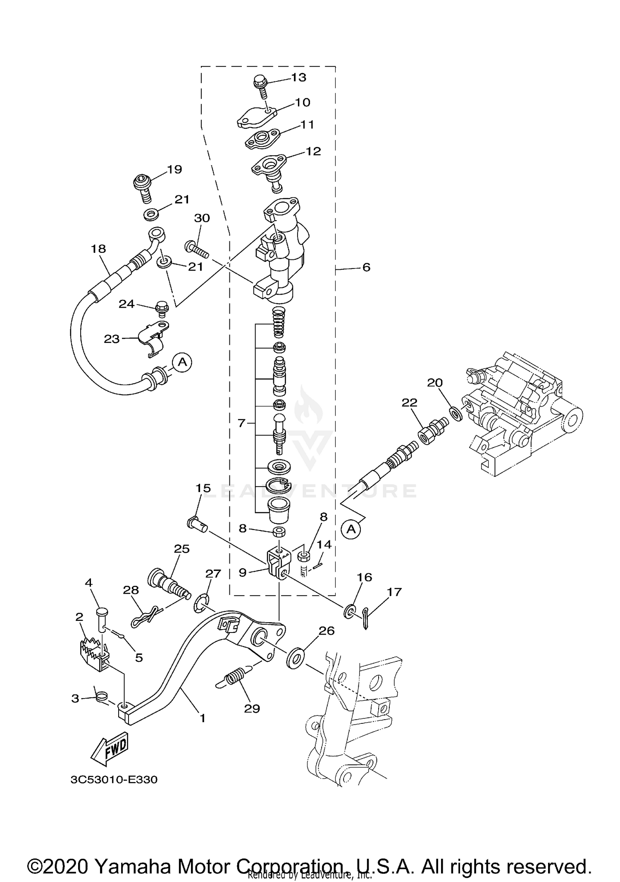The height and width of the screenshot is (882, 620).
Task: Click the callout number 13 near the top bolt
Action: click(298, 77)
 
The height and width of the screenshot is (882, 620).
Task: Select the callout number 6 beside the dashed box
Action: click(366, 267)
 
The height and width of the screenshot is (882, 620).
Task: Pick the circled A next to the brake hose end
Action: click(182, 362)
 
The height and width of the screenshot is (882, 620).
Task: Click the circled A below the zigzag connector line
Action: click(351, 529)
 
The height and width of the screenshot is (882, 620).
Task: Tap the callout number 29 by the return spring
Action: click(252, 708)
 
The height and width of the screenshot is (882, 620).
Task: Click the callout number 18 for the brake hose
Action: click(99, 249)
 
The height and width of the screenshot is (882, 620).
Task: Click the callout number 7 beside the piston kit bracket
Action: click(242, 423)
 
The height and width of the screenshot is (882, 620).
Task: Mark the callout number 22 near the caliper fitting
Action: click(410, 402)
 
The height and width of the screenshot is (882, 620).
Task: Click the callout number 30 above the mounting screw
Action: click(202, 218)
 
